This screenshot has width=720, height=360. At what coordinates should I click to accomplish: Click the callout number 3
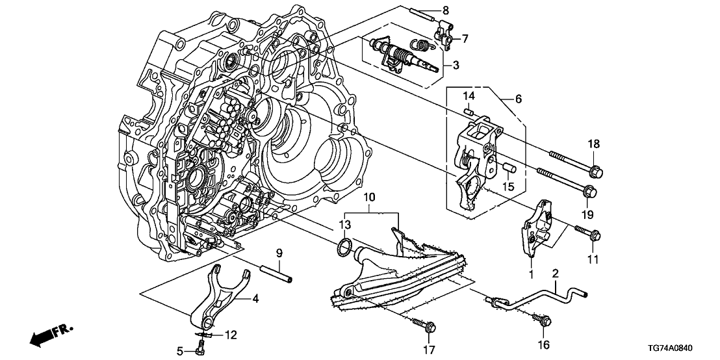(456, 66)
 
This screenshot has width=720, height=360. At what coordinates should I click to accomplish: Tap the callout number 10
(369, 197)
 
